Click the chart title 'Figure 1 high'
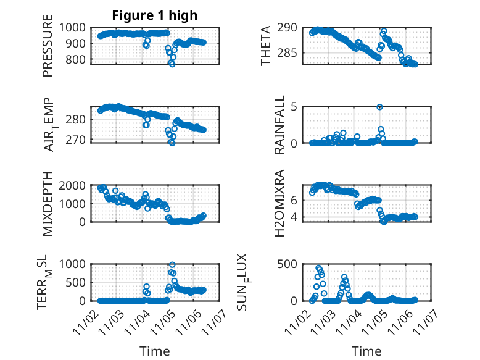[x=155, y=15]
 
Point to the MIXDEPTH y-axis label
[x=48, y=204]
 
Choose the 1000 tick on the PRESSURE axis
[x=75, y=27]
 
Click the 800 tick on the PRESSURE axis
[x=78, y=60]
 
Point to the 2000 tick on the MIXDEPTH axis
[x=75, y=185]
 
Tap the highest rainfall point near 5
[x=380, y=107]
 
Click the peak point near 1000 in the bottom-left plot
[x=172, y=265]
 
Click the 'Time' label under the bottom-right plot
[x=366, y=351]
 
